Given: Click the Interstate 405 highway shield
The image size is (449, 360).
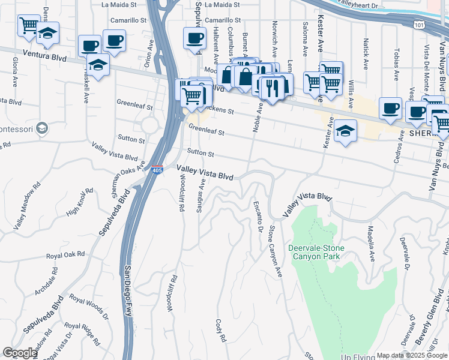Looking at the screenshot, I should (157, 171).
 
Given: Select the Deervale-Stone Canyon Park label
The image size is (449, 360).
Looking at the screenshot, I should (314, 252).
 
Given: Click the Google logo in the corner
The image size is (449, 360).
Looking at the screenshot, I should (20, 353).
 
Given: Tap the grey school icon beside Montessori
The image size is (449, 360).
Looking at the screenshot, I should (42, 128).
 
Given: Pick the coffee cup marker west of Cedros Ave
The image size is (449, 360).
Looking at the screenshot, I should (390, 109).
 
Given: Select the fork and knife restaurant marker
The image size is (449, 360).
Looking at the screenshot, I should (272, 89).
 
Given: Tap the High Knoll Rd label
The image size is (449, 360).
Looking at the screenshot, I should (80, 202).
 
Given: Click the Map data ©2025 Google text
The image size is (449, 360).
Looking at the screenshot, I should (412, 355).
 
